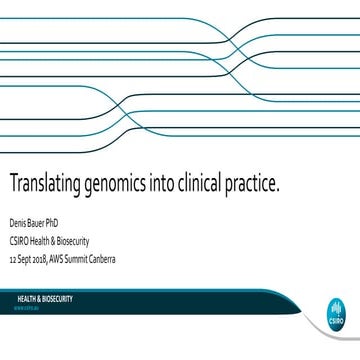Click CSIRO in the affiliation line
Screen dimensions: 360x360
tap(21, 241)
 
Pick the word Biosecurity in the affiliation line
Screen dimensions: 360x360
tap(78, 241)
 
